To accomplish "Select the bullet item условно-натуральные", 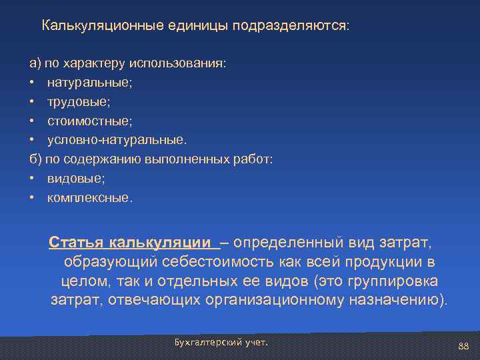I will [x=117, y=140].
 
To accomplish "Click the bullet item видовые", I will [x=76, y=179].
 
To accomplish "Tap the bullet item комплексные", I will [x=90, y=198].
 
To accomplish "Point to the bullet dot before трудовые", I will [x=32, y=101].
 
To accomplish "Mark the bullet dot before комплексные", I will [x=32, y=198].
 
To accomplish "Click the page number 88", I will [x=464, y=345].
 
